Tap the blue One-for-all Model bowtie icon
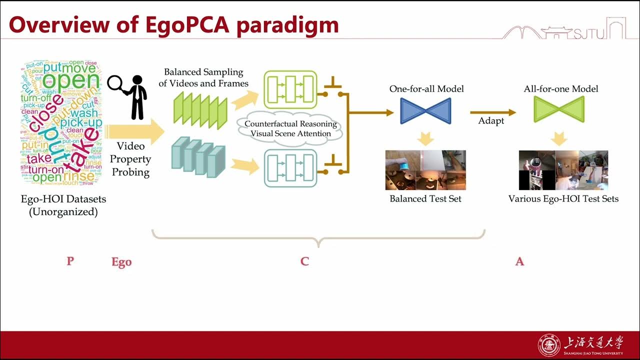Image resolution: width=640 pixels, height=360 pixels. (x=425, y=110)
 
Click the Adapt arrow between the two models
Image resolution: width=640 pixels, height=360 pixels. (x=492, y=113)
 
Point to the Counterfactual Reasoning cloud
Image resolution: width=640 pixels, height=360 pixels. (x=290, y=129)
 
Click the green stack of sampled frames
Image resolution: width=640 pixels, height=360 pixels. (x=199, y=107)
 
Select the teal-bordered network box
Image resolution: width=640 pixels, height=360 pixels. (x=290, y=167)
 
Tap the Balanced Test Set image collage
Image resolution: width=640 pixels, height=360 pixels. (x=425, y=170)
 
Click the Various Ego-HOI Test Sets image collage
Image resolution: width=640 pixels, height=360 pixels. (x=563, y=170)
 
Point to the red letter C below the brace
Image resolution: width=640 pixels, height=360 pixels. (x=304, y=261)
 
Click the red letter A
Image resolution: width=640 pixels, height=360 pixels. (x=519, y=261)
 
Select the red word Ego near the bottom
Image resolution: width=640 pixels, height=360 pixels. (x=121, y=262)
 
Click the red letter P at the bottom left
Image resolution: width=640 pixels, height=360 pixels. (x=70, y=260)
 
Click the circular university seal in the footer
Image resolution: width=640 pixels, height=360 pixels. (x=548, y=345)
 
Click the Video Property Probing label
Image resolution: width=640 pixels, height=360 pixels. (x=130, y=159)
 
